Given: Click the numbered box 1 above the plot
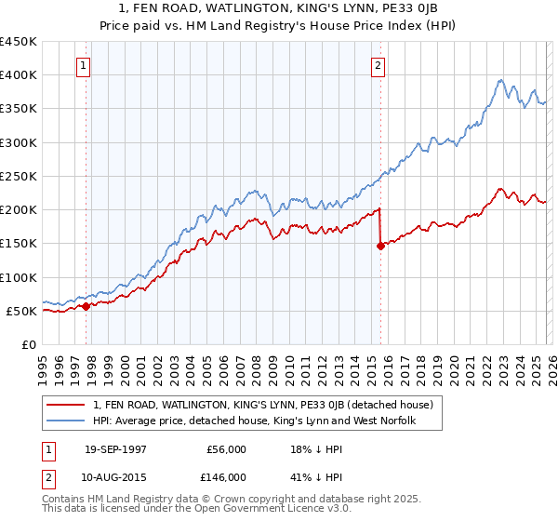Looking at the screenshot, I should pos(85,65).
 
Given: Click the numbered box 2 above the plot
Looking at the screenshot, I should pos(379,65).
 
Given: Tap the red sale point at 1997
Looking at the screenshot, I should pos(86,306).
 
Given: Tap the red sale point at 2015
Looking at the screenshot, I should pos(380,246).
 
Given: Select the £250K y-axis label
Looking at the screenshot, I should pos(19,176).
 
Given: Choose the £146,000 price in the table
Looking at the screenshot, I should pos(226,476).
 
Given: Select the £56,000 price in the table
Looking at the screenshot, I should pos(226,449).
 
